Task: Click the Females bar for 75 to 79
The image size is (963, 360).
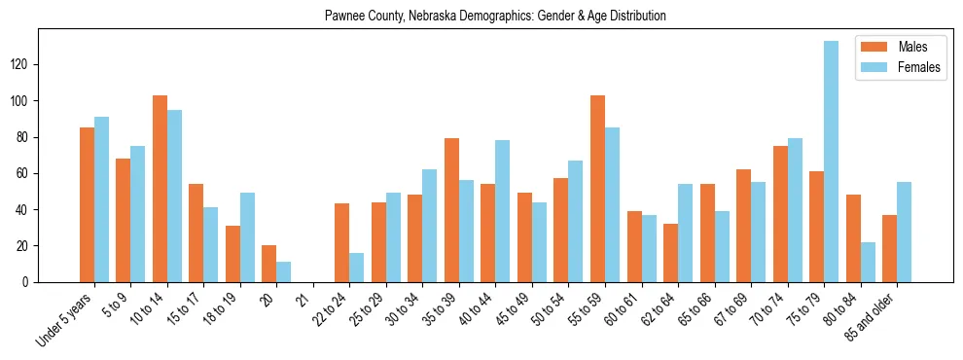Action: point(831,162)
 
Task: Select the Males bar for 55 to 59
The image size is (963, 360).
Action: point(597,189)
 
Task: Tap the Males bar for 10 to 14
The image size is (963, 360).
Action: point(160,189)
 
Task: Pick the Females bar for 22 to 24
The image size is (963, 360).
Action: point(357,268)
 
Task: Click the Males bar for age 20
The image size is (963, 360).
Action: point(269,264)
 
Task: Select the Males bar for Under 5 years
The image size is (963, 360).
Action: point(87,204)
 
